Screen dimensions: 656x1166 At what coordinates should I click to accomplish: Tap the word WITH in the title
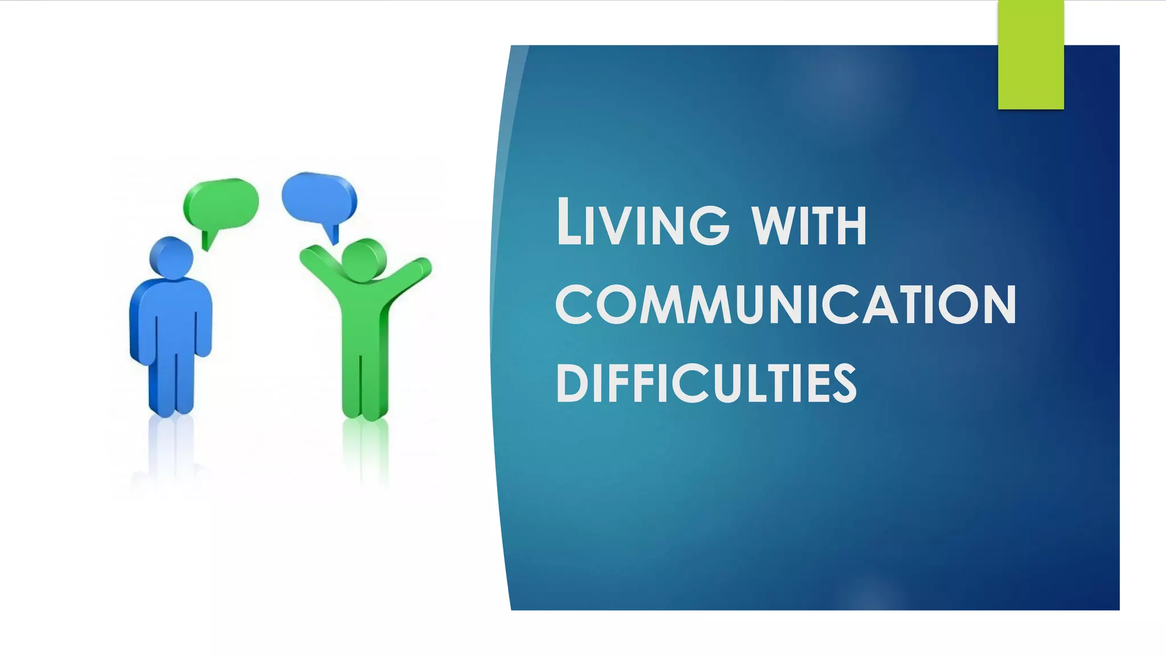coord(809,226)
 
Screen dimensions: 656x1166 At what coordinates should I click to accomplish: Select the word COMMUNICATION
coord(786,305)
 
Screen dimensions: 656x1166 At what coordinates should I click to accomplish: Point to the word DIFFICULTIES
coord(706,384)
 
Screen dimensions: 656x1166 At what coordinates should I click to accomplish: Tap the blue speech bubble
coord(319,196)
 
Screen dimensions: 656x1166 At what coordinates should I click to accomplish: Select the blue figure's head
coord(171,258)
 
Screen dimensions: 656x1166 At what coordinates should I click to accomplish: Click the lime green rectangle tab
coord(1030,55)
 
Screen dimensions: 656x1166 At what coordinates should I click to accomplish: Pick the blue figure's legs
coord(171,382)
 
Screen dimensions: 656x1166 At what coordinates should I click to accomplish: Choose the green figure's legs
coord(364,387)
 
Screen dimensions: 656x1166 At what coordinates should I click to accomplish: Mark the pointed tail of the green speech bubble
coord(208,240)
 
